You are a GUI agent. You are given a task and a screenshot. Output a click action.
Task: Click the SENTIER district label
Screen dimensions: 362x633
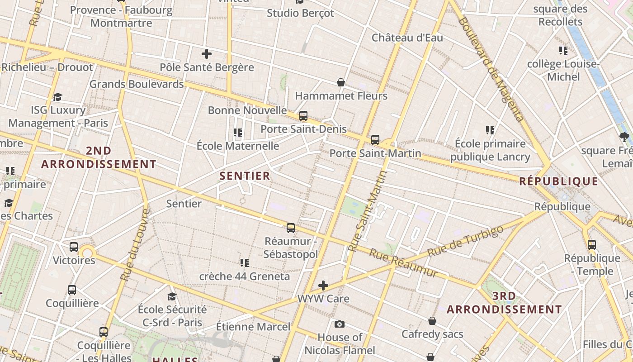tap(245, 176)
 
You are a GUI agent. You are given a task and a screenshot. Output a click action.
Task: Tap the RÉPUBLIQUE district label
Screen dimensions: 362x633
tap(558, 181)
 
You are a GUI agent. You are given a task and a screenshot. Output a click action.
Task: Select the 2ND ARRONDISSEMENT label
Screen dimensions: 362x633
tap(99, 157)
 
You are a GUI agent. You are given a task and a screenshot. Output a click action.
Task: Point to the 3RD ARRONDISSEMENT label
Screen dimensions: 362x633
tap(504, 303)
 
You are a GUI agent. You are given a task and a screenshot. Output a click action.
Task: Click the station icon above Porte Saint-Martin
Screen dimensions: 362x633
tap(375, 140)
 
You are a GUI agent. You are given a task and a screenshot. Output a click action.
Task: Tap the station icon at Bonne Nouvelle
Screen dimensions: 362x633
tap(303, 116)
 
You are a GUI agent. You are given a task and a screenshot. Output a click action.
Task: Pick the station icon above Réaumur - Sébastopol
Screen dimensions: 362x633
tap(291, 228)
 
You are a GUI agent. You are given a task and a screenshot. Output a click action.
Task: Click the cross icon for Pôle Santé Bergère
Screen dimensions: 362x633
tap(207, 54)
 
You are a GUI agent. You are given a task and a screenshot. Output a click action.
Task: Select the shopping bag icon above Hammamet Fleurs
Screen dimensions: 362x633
tap(341, 82)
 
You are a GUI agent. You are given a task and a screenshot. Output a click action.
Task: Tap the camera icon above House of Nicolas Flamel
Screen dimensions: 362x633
tap(340, 324)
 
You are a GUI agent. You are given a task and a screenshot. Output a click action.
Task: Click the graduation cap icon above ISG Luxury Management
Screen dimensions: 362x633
tap(57, 97)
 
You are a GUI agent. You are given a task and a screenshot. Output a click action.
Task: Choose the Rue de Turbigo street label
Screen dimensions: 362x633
tap(466, 241)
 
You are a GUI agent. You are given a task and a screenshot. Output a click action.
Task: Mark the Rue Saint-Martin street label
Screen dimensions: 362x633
tap(368, 210)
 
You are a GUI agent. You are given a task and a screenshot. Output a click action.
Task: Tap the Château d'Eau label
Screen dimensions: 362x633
tap(407, 38)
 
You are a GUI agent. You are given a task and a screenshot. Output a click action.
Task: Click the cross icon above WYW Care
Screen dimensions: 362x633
tap(323, 286)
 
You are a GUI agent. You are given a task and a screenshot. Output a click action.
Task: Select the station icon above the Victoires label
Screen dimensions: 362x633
tap(74, 247)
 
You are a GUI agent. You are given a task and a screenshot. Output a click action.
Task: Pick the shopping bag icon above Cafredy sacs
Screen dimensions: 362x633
tap(432, 321)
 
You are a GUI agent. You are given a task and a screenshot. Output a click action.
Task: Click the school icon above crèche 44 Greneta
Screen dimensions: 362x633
tap(245, 263)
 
